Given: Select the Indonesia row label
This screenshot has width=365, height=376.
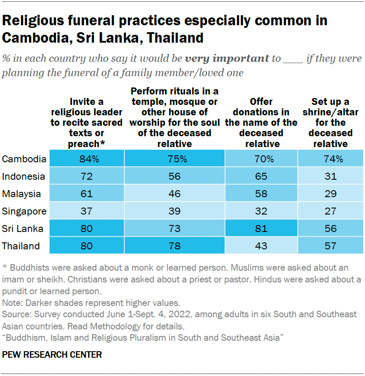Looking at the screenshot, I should click(x=23, y=176).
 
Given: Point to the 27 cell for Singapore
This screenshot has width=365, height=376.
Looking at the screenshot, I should click(x=330, y=211).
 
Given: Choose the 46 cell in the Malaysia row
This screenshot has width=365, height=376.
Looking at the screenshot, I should click(x=174, y=194).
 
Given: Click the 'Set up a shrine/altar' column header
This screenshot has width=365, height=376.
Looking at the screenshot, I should click(x=330, y=123).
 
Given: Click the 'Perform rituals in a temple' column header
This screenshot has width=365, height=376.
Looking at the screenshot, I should click(x=174, y=117).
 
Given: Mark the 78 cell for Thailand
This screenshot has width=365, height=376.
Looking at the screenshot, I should click(x=174, y=246).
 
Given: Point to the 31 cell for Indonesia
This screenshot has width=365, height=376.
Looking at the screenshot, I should click(x=330, y=176).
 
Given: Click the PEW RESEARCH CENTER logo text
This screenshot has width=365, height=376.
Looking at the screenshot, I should click(x=52, y=355).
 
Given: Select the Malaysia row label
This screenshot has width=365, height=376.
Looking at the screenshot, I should click(x=22, y=194).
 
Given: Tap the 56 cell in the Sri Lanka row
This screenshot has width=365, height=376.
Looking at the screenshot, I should click(x=330, y=228).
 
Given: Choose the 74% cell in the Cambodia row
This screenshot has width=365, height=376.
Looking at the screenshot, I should click(x=330, y=159).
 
